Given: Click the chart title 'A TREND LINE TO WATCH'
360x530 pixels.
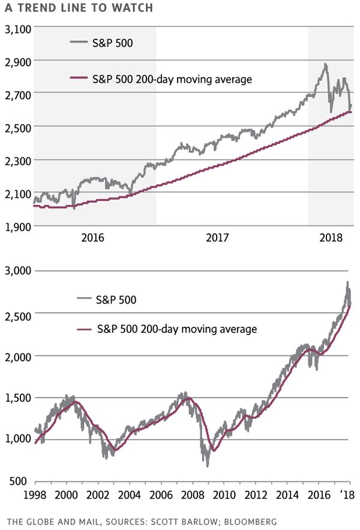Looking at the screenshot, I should tap(78, 8).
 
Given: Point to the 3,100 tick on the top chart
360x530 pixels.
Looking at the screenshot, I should tap(17, 28).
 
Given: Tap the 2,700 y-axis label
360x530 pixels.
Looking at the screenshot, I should tap(17, 94).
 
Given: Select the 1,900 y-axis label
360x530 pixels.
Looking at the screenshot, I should tap(17, 226).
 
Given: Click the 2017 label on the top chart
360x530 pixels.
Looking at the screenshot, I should tap(218, 237).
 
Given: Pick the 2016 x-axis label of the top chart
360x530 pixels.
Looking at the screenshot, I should tap(92, 237).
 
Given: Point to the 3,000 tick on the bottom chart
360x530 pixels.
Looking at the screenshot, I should tap(17, 271).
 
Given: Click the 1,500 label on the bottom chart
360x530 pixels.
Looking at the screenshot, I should tap(17, 397).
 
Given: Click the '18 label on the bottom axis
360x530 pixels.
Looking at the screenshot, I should tap(346, 495).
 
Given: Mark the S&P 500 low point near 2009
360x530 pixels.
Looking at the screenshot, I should tap(208, 465).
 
